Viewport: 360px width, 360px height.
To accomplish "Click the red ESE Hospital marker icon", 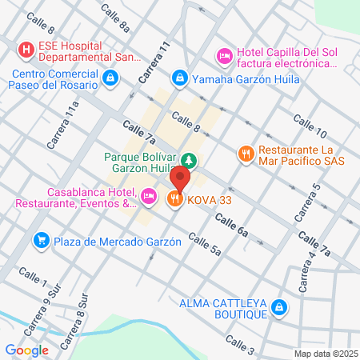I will click(27, 50).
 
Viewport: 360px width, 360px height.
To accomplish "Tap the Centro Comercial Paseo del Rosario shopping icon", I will click(110, 78).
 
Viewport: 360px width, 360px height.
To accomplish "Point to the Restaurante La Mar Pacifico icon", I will click(246, 152).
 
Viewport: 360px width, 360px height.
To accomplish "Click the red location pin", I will click(182, 177).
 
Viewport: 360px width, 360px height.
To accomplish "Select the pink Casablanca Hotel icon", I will click(148, 195).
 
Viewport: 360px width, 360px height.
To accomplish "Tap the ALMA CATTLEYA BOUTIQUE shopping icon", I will click(278, 306).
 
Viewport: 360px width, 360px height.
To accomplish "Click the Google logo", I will click(26, 350).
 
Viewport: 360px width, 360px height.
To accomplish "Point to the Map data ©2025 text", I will click(326, 354).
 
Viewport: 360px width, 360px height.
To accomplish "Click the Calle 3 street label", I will click(239, 344).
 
